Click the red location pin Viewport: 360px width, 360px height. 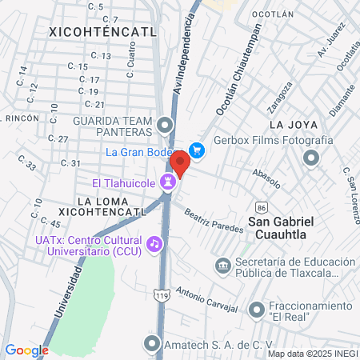pos(180,163)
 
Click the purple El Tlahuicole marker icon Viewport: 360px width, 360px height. pos(167,182)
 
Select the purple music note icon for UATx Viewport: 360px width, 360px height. pos(154,241)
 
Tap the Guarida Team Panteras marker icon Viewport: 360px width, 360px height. pos(165,125)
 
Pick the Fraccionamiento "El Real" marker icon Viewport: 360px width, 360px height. pos(256,309)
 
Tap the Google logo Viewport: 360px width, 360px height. pos(26,350)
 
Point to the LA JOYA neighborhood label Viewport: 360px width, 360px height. pos(293,125)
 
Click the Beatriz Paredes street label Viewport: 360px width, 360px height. pos(213,220)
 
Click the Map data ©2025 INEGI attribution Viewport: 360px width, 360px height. pos(313,353)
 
